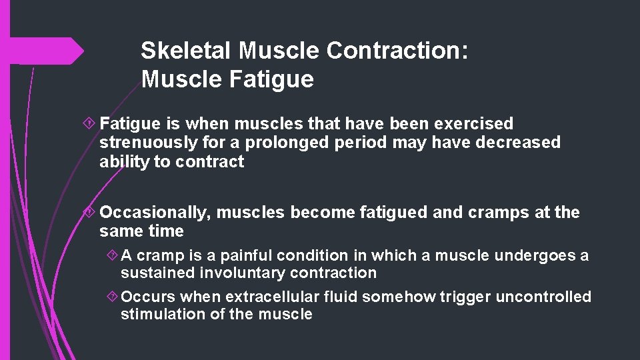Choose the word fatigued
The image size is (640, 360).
393,213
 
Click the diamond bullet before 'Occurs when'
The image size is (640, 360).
112,297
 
